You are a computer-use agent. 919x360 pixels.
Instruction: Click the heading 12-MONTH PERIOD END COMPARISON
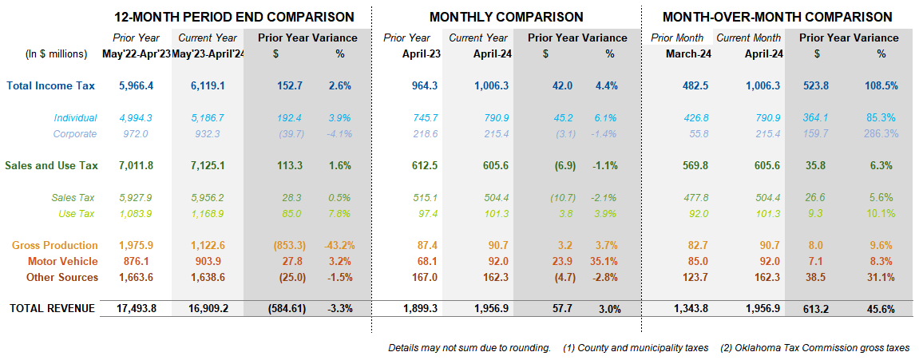[x=234, y=17]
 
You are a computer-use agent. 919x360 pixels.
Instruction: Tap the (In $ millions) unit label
[x=56, y=54]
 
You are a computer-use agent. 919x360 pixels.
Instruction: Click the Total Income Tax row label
[x=50, y=85]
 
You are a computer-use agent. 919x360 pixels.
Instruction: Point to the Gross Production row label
[x=54, y=246]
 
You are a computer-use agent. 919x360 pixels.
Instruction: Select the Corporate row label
[x=75, y=133]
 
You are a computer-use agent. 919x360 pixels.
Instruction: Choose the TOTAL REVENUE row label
[x=52, y=308]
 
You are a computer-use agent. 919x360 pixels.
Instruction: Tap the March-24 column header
[x=687, y=54]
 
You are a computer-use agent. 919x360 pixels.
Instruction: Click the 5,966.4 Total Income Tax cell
[x=136, y=85]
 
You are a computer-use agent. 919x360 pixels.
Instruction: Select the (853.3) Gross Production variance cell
[x=287, y=246]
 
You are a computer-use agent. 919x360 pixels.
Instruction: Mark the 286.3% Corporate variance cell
[x=881, y=133]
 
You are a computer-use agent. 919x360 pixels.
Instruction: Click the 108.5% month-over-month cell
[x=881, y=85]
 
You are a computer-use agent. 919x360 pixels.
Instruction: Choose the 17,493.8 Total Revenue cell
[x=136, y=308]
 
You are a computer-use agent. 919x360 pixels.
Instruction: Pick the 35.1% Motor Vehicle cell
[x=604, y=262]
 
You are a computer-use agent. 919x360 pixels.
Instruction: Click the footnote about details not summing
[x=469, y=348]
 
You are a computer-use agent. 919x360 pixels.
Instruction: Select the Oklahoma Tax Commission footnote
[x=814, y=348]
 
